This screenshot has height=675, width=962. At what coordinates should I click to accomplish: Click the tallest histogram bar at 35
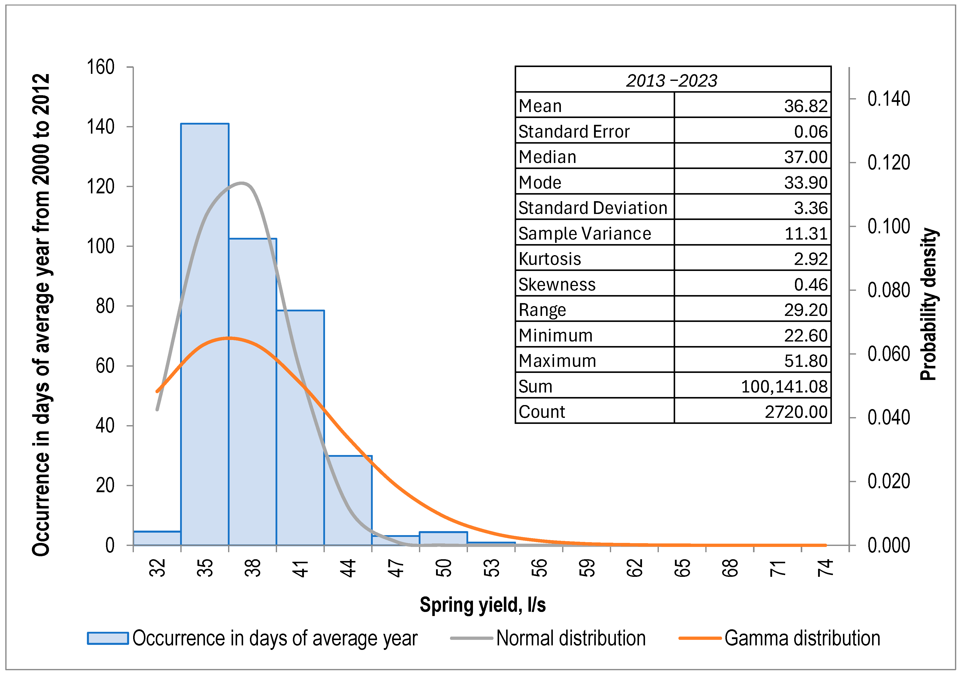click(x=204, y=335)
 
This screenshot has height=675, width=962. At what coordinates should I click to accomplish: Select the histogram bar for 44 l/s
click(x=348, y=501)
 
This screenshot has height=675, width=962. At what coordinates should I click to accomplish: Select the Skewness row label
click(x=557, y=285)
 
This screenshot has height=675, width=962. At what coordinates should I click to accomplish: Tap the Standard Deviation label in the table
click(x=593, y=208)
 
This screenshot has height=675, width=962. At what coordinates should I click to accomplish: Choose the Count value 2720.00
click(x=796, y=412)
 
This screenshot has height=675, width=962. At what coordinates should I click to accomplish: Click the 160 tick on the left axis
click(x=100, y=67)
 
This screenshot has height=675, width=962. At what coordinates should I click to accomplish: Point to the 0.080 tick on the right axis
click(x=888, y=290)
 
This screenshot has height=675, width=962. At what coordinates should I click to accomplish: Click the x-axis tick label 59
click(x=587, y=568)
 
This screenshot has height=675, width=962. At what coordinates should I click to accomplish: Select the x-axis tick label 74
click(x=825, y=568)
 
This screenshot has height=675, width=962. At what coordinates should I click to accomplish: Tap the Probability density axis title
click(x=929, y=304)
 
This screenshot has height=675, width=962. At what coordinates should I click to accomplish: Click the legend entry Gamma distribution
click(x=802, y=638)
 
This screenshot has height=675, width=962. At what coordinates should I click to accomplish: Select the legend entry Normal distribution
click(x=571, y=638)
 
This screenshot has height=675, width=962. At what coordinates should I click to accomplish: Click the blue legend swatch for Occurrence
click(x=108, y=638)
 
